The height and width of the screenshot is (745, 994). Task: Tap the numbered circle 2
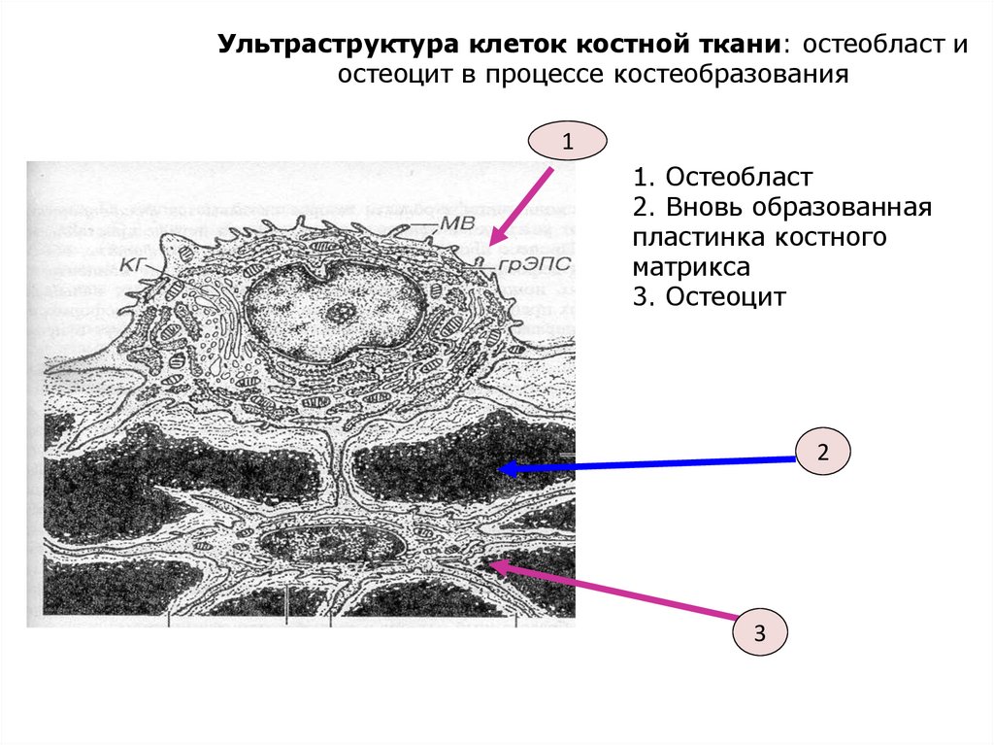click(822, 452)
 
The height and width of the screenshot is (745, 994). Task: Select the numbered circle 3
click(760, 634)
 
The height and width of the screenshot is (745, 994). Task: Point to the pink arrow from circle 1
click(522, 205)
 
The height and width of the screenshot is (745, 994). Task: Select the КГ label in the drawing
click(135, 263)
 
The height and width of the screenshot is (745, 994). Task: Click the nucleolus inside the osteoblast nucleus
click(341, 312)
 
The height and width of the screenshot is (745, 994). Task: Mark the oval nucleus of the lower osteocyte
click(333, 545)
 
